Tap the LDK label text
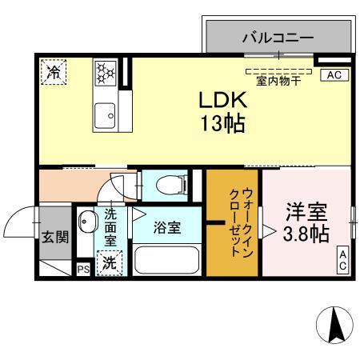point(222,102)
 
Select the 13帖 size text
point(222,124)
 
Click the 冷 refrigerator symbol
point(54,72)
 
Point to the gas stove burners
point(106,74)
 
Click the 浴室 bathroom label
point(167,227)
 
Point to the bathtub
point(167,261)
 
